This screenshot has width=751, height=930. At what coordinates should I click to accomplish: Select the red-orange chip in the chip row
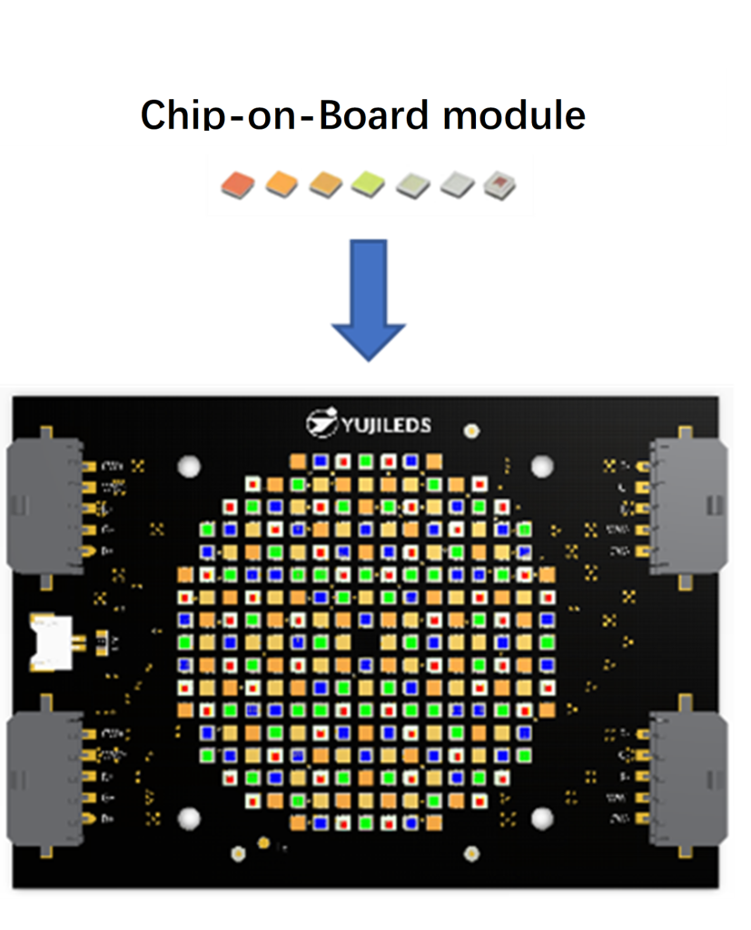point(234,184)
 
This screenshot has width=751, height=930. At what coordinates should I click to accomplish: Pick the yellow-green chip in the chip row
point(367,184)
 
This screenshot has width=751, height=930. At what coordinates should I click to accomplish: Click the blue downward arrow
point(368,300)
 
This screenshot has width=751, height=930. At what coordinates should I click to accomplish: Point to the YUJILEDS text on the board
point(387,425)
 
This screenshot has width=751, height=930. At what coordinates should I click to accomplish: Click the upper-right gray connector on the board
point(690,504)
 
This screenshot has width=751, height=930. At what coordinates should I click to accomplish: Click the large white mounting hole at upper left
point(189,467)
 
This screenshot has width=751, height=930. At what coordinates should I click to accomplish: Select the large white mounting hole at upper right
point(542,467)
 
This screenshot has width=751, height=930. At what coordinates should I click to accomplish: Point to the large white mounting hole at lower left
point(189,817)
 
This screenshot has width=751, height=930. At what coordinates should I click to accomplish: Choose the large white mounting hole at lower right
point(542,817)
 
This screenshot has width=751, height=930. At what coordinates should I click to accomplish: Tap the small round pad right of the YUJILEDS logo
point(471,429)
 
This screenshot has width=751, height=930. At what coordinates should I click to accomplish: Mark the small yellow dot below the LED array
point(263,844)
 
